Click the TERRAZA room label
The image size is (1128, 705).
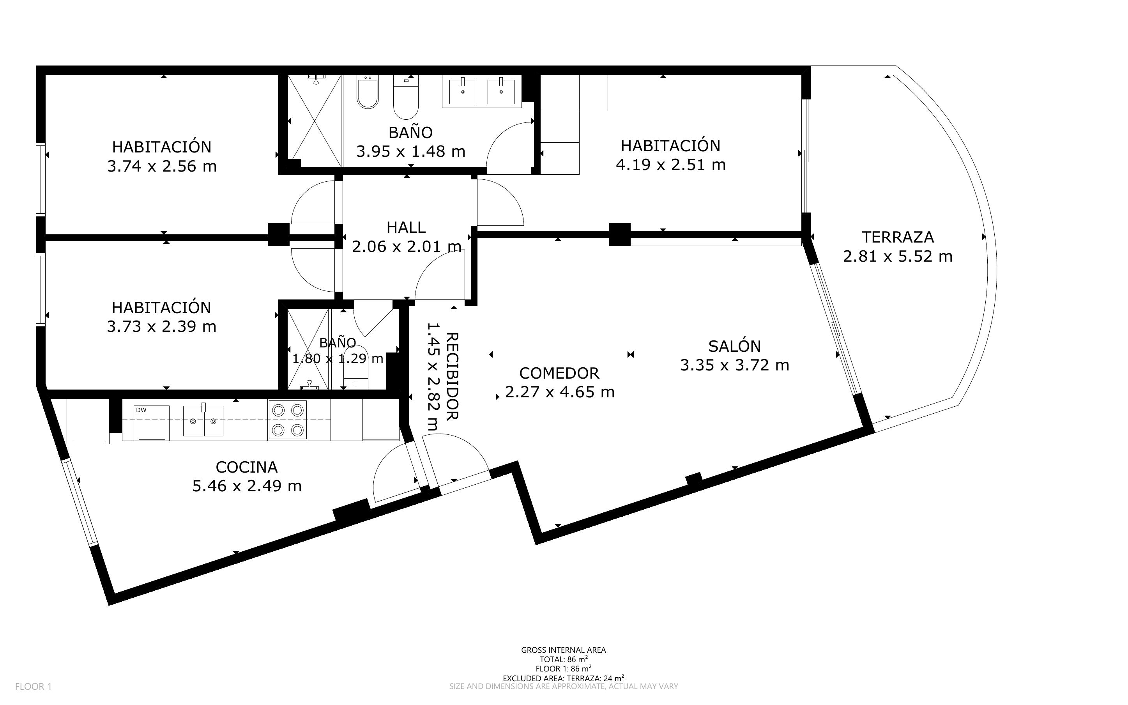(x=897, y=237)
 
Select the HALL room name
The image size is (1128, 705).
(x=406, y=228)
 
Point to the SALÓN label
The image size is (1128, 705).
(x=734, y=345)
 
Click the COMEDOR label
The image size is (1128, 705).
(x=559, y=373)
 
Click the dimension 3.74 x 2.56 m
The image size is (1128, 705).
(x=162, y=167)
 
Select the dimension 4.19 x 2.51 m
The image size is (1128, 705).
(x=670, y=165)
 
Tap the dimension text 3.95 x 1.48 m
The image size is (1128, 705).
(x=410, y=152)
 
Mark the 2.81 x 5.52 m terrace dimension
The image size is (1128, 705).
(x=897, y=257)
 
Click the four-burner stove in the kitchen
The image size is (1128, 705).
(x=288, y=420)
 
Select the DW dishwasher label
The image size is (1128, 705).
(x=141, y=410)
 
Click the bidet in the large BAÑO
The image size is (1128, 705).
(x=368, y=92)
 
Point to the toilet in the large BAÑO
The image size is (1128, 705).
(x=406, y=97)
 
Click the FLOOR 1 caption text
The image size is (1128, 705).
(x=34, y=687)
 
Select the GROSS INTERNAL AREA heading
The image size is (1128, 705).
(x=563, y=650)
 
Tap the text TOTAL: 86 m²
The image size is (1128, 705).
(x=563, y=659)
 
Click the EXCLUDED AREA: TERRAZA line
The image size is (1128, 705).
(x=563, y=678)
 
